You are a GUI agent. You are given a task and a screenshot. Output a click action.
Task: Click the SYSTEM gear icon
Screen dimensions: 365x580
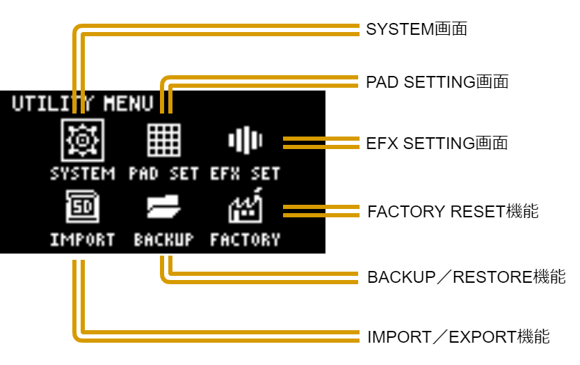pyautogui.click(x=82, y=140)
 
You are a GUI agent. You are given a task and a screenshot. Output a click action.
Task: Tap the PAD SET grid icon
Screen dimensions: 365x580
pyautogui.click(x=164, y=140)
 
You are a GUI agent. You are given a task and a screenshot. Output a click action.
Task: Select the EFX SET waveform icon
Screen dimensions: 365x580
pyautogui.click(x=245, y=141)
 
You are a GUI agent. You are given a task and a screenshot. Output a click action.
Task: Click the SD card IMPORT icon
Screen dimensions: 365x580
pyautogui.click(x=82, y=206)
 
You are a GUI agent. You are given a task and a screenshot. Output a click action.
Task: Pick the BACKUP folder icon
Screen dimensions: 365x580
pyautogui.click(x=164, y=206)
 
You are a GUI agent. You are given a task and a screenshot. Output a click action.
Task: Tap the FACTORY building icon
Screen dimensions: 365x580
pyautogui.click(x=245, y=205)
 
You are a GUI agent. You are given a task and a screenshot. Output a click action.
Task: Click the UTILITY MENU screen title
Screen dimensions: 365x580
pyautogui.click(x=82, y=104)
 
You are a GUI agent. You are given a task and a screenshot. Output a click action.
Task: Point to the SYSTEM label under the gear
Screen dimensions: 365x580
pyautogui.click(x=82, y=173)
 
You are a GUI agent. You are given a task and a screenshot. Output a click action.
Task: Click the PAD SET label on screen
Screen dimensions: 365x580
pyautogui.click(x=164, y=173)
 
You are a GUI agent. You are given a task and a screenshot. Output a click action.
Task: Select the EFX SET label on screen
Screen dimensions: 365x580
pyautogui.click(x=245, y=173)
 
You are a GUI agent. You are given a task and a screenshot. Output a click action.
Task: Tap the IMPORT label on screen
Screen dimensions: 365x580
pyautogui.click(x=82, y=240)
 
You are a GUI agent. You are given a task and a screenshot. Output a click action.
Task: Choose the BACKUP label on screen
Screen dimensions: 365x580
pyautogui.click(x=164, y=240)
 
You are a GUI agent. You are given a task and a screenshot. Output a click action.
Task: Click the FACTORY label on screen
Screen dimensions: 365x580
pyautogui.click(x=245, y=240)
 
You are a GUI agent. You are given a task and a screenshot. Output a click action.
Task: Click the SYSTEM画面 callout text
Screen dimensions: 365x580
pyautogui.click(x=416, y=29)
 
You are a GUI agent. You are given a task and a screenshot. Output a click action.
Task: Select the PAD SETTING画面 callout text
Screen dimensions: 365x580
pyautogui.click(x=437, y=81)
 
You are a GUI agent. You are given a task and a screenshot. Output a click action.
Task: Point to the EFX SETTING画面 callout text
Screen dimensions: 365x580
pyautogui.click(x=437, y=143)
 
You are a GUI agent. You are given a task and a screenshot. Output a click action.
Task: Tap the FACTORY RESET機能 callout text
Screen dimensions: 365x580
pyautogui.click(x=453, y=211)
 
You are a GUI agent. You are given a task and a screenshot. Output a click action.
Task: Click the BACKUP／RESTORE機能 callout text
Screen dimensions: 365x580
pyautogui.click(x=466, y=277)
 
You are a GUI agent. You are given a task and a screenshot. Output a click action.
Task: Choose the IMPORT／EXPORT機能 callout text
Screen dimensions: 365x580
pyautogui.click(x=458, y=337)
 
